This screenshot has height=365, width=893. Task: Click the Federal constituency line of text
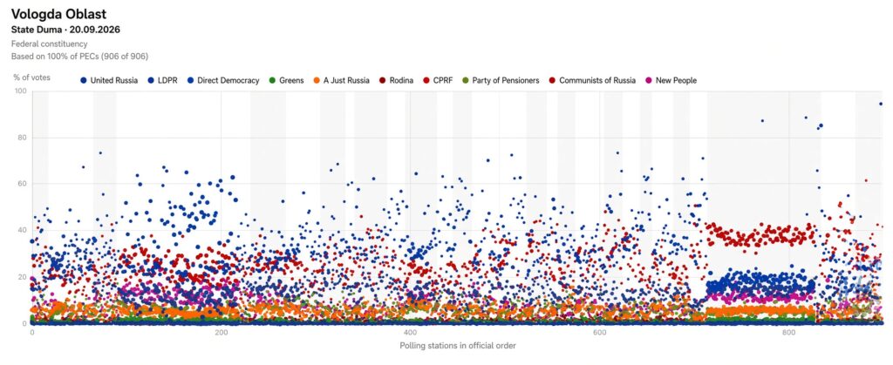(x=50, y=44)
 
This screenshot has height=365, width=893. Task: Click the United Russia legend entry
(x=109, y=81)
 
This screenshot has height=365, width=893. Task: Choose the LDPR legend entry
(x=162, y=81)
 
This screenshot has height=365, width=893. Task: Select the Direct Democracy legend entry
(x=223, y=81)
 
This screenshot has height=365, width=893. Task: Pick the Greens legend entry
(x=286, y=81)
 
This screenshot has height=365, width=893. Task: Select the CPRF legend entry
(x=438, y=81)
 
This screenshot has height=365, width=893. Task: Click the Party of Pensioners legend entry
(x=501, y=81)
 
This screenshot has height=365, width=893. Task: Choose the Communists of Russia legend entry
(x=592, y=81)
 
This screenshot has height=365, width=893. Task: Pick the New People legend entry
(x=671, y=81)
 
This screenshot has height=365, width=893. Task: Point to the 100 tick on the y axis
(x=21, y=91)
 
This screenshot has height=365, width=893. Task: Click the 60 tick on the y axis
(x=23, y=184)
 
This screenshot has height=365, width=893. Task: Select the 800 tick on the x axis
(x=788, y=333)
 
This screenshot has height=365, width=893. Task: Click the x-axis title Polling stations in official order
(x=458, y=345)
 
